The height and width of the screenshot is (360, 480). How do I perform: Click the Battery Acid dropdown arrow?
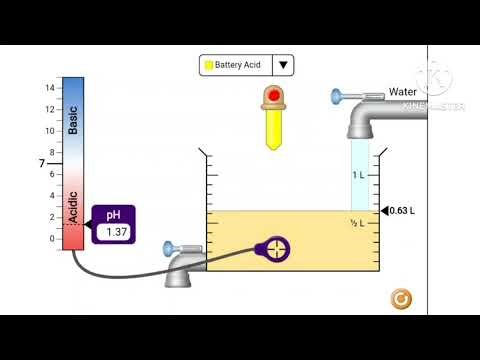[284, 65]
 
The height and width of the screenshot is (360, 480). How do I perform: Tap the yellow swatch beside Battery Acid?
[209, 65]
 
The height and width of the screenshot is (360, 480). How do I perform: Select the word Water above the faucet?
[403, 92]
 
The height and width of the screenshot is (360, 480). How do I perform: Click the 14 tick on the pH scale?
[49, 88]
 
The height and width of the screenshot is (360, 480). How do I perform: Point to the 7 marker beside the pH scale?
[42, 163]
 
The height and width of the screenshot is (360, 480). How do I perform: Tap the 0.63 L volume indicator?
[400, 210]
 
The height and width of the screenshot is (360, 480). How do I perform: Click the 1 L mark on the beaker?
[358, 175]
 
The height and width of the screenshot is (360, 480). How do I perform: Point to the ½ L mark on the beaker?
[357, 223]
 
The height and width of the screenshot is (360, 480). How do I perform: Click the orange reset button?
[401, 298]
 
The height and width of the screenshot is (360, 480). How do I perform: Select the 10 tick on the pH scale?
[49, 131]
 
